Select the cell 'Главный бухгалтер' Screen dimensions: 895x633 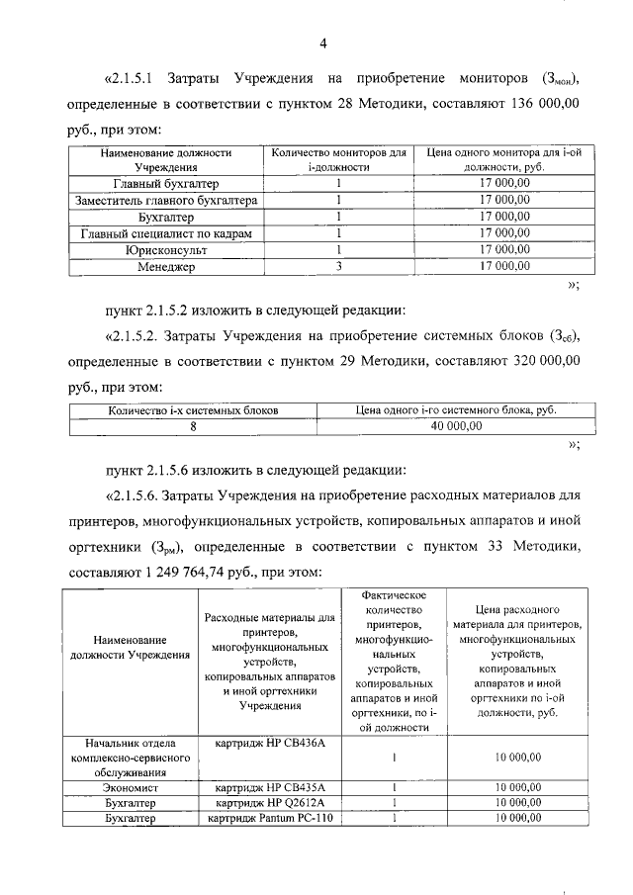(165, 184)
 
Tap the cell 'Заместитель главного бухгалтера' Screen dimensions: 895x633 (165, 201)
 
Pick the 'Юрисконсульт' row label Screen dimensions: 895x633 (165, 250)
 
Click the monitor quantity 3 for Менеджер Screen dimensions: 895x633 (338, 267)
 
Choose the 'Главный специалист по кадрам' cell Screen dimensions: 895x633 (165, 233)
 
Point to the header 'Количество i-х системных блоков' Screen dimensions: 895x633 (194, 409)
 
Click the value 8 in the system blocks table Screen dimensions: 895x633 (194, 426)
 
